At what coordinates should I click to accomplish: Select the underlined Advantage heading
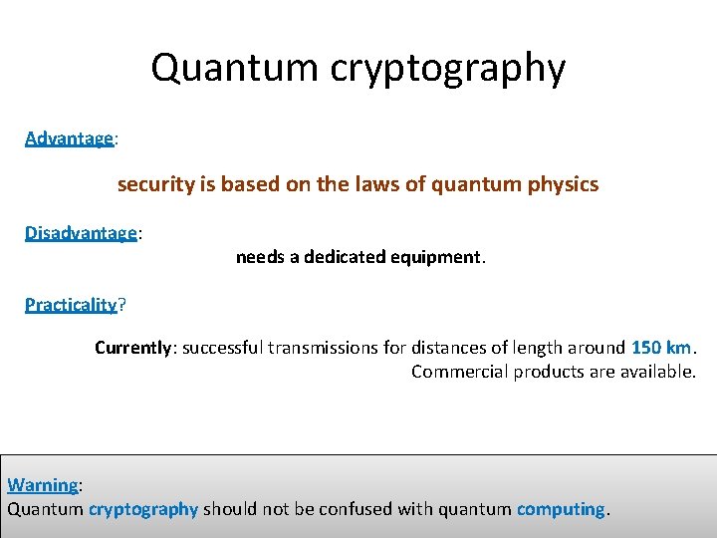69,138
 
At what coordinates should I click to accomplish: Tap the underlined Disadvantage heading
81,232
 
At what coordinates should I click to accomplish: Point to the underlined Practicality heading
71,304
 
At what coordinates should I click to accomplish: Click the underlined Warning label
42,485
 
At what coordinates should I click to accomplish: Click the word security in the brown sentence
152,184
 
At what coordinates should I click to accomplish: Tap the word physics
565,184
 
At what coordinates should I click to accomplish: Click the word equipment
436,257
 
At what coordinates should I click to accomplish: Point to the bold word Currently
133,348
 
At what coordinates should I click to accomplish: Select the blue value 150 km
661,348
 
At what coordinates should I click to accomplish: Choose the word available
658,372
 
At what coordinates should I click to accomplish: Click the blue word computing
560,509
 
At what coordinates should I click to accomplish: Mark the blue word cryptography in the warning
143,509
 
